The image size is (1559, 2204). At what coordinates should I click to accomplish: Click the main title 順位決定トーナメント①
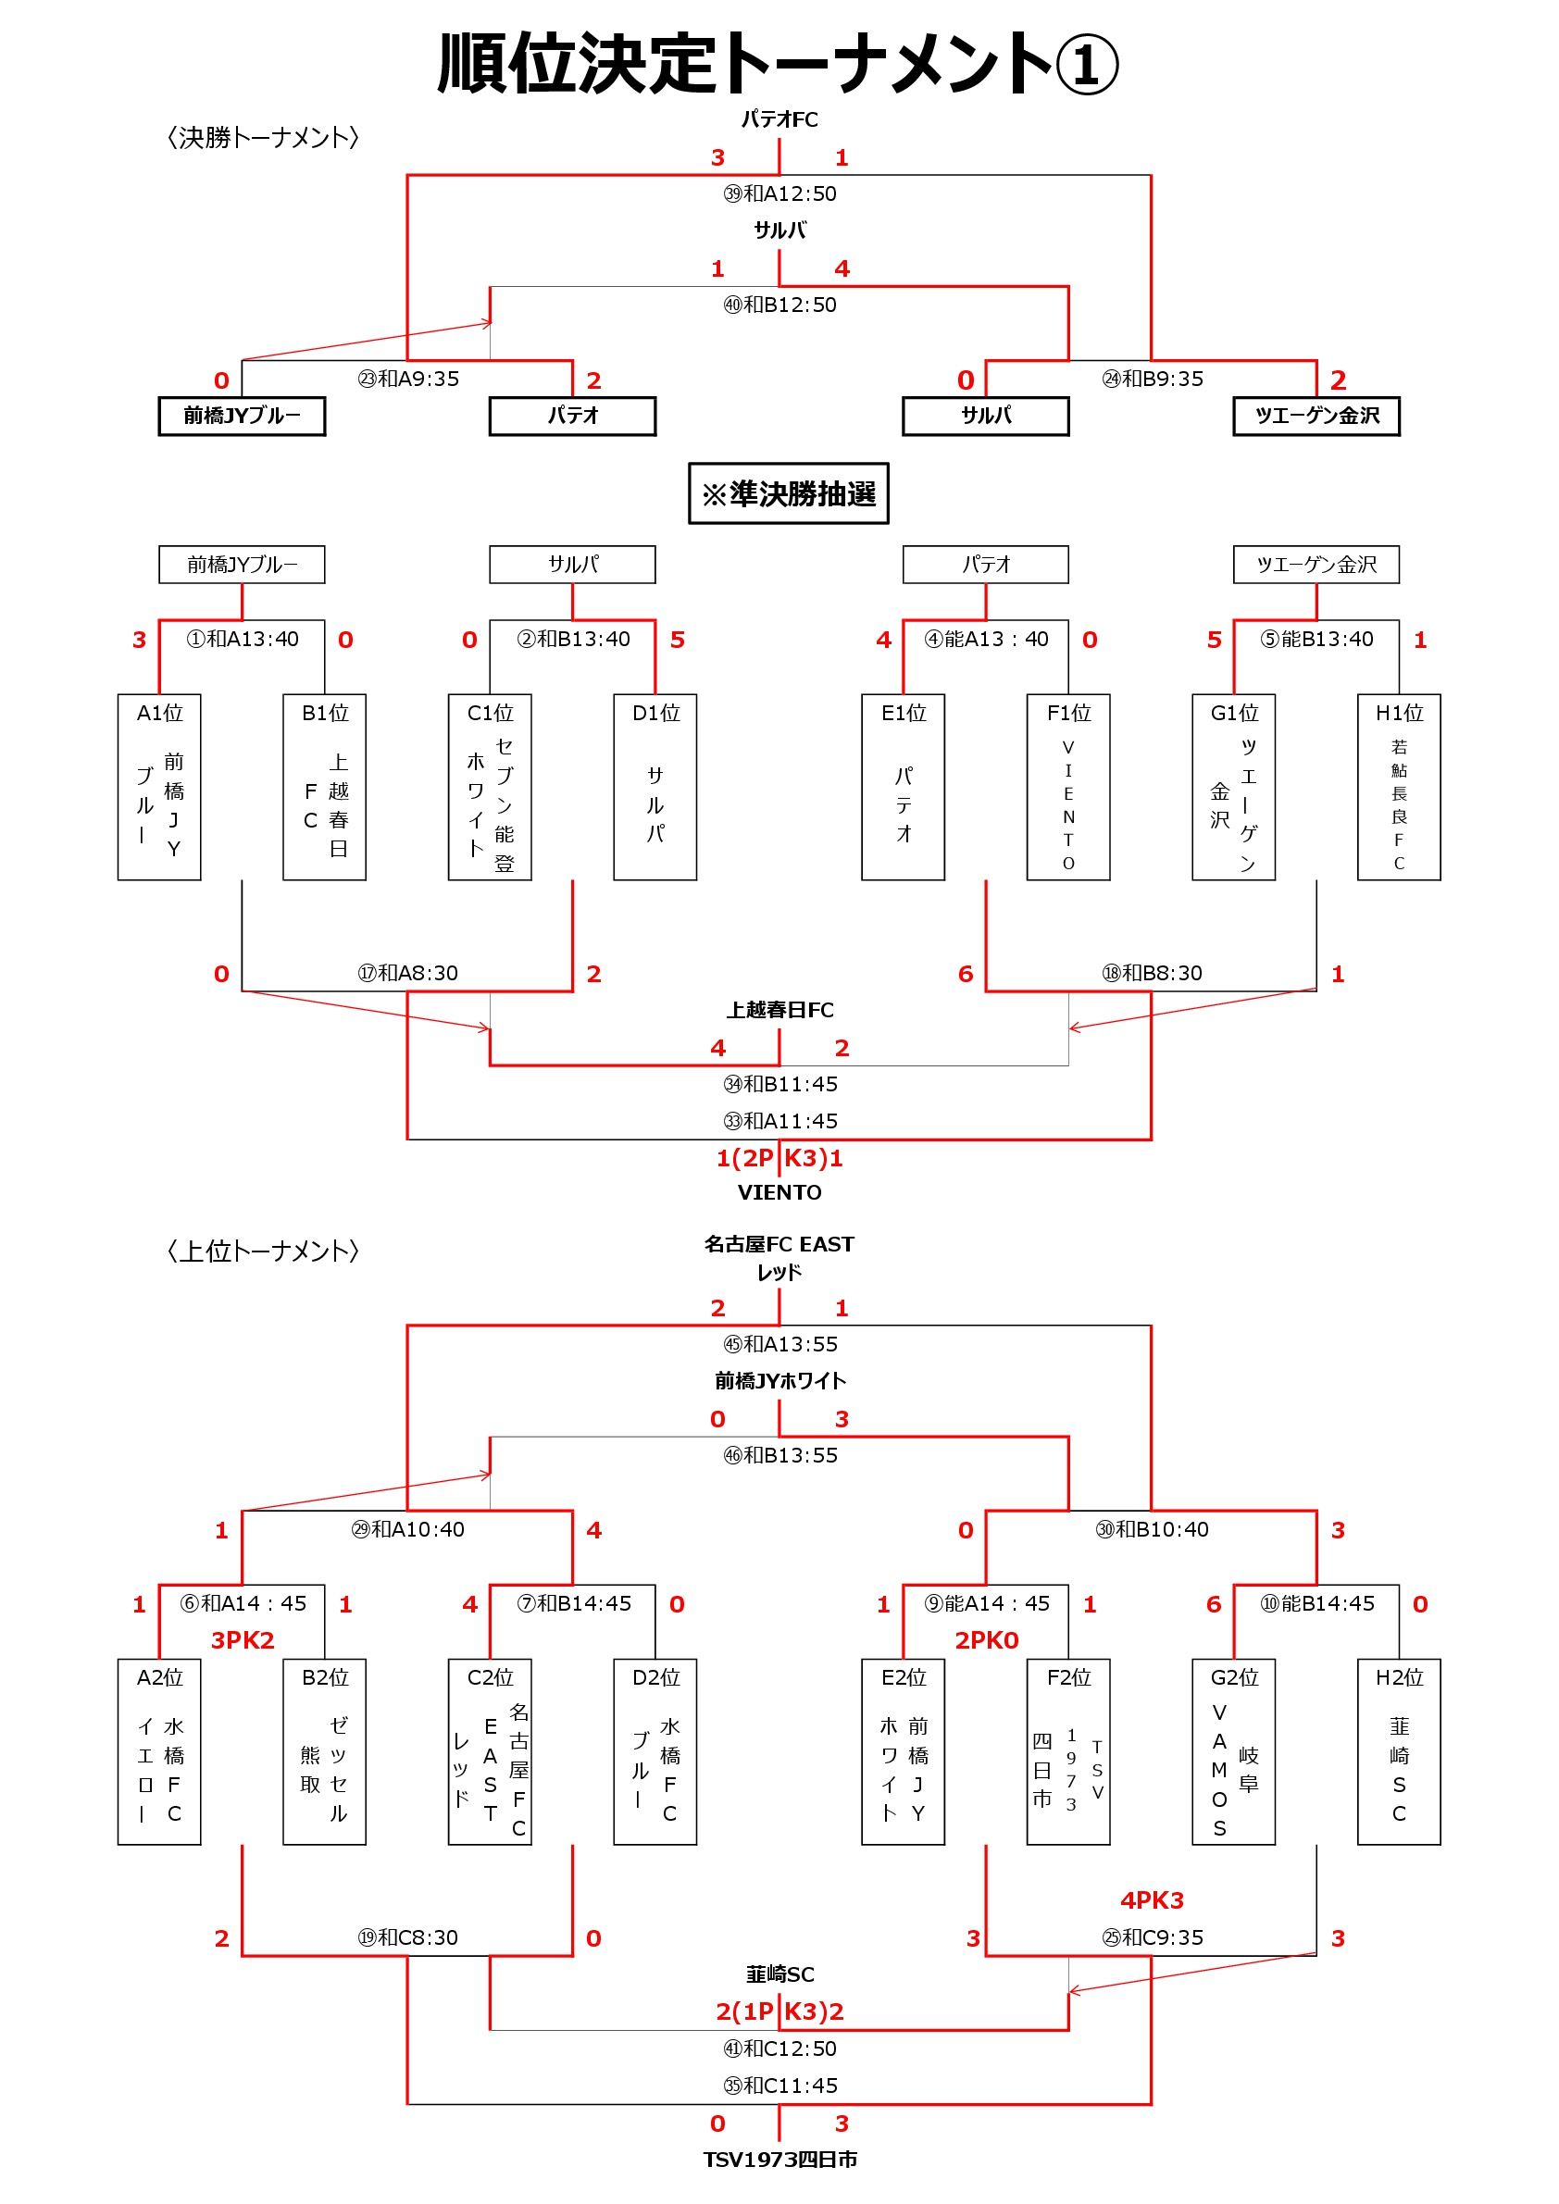(779, 63)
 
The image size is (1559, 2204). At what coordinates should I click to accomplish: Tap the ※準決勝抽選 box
(788, 493)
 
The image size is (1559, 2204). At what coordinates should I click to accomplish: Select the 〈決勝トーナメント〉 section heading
(263, 137)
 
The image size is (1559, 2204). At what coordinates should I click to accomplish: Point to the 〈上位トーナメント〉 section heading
(263, 1250)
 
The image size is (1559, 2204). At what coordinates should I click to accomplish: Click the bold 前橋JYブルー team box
(242, 416)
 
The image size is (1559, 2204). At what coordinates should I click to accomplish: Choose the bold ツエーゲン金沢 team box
(1316, 416)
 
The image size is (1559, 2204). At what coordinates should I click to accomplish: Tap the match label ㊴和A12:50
(779, 193)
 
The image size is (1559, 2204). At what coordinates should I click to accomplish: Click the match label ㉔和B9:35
(1152, 380)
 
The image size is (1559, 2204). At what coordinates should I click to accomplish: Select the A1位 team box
(159, 787)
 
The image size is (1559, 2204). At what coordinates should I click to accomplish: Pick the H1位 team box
(1399, 787)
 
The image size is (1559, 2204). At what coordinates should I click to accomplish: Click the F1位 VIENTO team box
(1068, 787)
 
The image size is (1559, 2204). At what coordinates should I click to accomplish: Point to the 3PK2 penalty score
(243, 1639)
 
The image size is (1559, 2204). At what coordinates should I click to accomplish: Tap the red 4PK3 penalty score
(1152, 1899)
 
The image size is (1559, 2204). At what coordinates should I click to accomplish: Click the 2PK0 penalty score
(987, 1639)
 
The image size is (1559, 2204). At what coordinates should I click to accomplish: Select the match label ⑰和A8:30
(408, 974)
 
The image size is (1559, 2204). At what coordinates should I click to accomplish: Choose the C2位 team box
(490, 1752)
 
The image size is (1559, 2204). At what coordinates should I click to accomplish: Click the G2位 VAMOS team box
(1233, 1752)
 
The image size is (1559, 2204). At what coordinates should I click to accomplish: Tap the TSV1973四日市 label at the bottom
(779, 2159)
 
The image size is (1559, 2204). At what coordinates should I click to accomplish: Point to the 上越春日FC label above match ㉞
(779, 1010)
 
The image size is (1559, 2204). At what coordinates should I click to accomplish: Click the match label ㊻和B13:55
(779, 1455)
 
